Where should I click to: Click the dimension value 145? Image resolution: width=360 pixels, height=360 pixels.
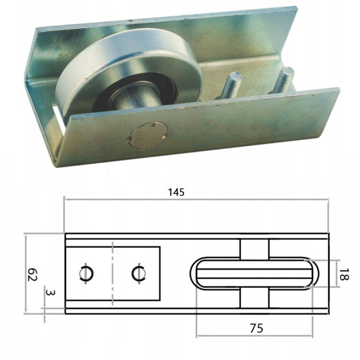pos(176,192)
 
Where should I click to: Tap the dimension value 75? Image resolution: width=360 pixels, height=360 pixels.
pos(256,328)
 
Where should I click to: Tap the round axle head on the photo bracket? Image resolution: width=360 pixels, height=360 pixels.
pos(147,135)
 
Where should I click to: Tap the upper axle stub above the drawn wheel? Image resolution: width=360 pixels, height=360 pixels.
pos(253,247)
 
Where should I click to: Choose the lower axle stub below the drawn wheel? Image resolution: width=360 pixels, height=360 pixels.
pos(253,300)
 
